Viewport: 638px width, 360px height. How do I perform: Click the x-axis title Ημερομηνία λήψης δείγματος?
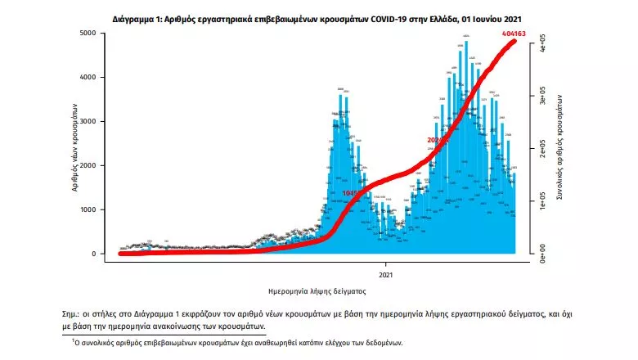pos(317,290)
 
